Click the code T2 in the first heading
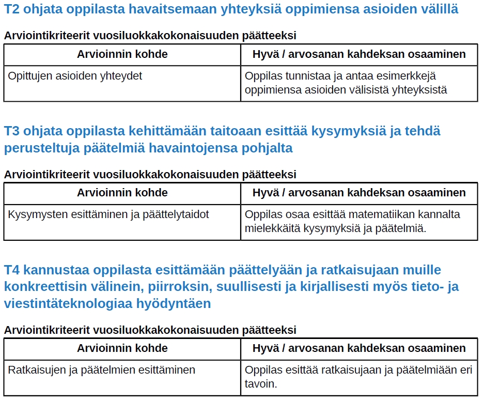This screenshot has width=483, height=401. pos(12,9)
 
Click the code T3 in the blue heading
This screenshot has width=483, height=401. pos(12,131)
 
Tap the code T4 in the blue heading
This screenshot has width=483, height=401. pos(12,270)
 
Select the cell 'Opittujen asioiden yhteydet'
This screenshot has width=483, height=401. pos(75,76)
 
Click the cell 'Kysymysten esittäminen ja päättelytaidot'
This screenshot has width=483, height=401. pos(108,214)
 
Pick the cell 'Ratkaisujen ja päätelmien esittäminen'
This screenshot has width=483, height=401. pos(102,369)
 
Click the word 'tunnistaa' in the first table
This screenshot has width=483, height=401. pos(303,76)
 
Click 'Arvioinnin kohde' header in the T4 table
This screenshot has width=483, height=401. pos(122,348)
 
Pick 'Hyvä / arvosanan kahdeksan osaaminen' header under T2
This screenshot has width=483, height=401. pos(359,54)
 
